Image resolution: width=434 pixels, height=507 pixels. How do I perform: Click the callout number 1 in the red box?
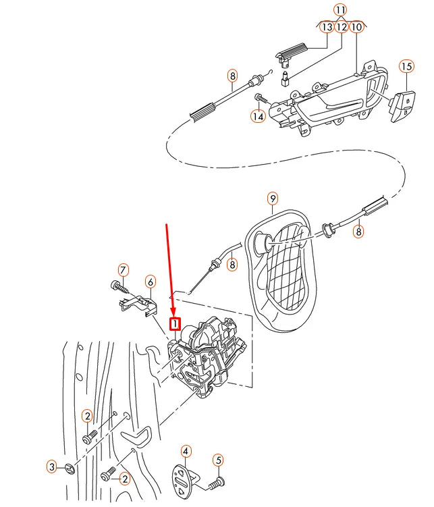pos(175,324)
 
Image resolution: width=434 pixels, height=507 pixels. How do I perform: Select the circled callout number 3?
pos(51,466)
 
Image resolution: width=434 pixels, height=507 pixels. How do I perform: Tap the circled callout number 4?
pos(186,451)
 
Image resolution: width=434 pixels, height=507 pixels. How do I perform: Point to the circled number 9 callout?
pos(273,198)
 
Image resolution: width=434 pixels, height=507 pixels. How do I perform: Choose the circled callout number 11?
pos(341,10)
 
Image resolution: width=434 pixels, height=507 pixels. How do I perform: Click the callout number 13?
pos(327,27)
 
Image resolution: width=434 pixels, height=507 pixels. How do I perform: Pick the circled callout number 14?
pos(257,117)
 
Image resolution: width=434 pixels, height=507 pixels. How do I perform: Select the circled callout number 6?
pos(150,281)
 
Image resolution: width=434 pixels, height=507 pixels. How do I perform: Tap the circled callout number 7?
pos(123,270)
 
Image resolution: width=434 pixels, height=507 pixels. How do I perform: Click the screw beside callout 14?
pos(261,100)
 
